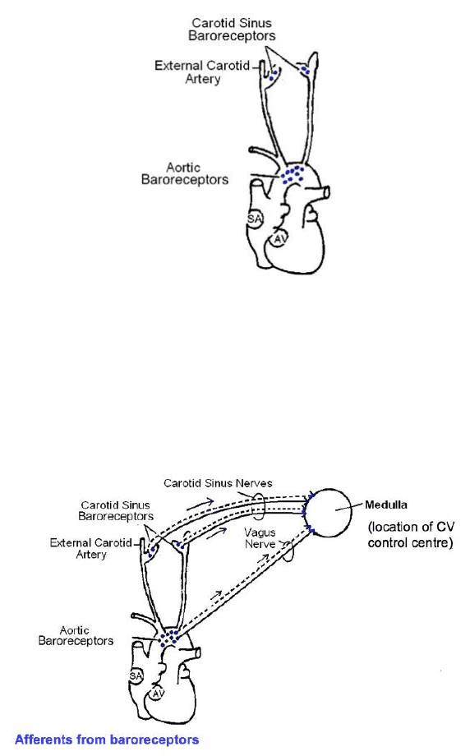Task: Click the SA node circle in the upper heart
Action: [x=255, y=219]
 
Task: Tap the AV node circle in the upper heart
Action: [x=279, y=238]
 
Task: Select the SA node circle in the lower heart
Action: [x=136, y=676]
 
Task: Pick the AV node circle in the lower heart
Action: [x=156, y=694]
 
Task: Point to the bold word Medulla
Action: [x=385, y=505]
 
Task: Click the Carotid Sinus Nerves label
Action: [x=218, y=483]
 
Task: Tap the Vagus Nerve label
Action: [x=260, y=538]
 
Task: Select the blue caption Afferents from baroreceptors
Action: [x=107, y=740]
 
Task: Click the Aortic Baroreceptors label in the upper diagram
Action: [x=185, y=173]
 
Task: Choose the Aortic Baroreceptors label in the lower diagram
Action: [x=76, y=635]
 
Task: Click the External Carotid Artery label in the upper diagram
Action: [x=202, y=71]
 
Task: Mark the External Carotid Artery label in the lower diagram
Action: [x=90, y=549]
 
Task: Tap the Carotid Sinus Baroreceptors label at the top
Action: [x=232, y=29]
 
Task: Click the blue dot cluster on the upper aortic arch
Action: [x=293, y=174]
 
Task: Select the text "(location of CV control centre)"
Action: [x=411, y=535]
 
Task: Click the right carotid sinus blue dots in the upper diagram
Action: [x=305, y=71]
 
